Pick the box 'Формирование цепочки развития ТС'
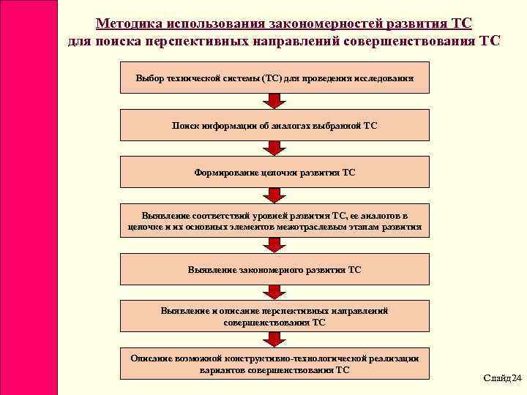pos(274,173)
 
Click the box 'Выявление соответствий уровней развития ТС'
pos(274,221)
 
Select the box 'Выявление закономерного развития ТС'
pos(274,269)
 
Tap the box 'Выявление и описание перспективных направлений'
pos(274,316)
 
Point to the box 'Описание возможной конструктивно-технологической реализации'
pos(274,364)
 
